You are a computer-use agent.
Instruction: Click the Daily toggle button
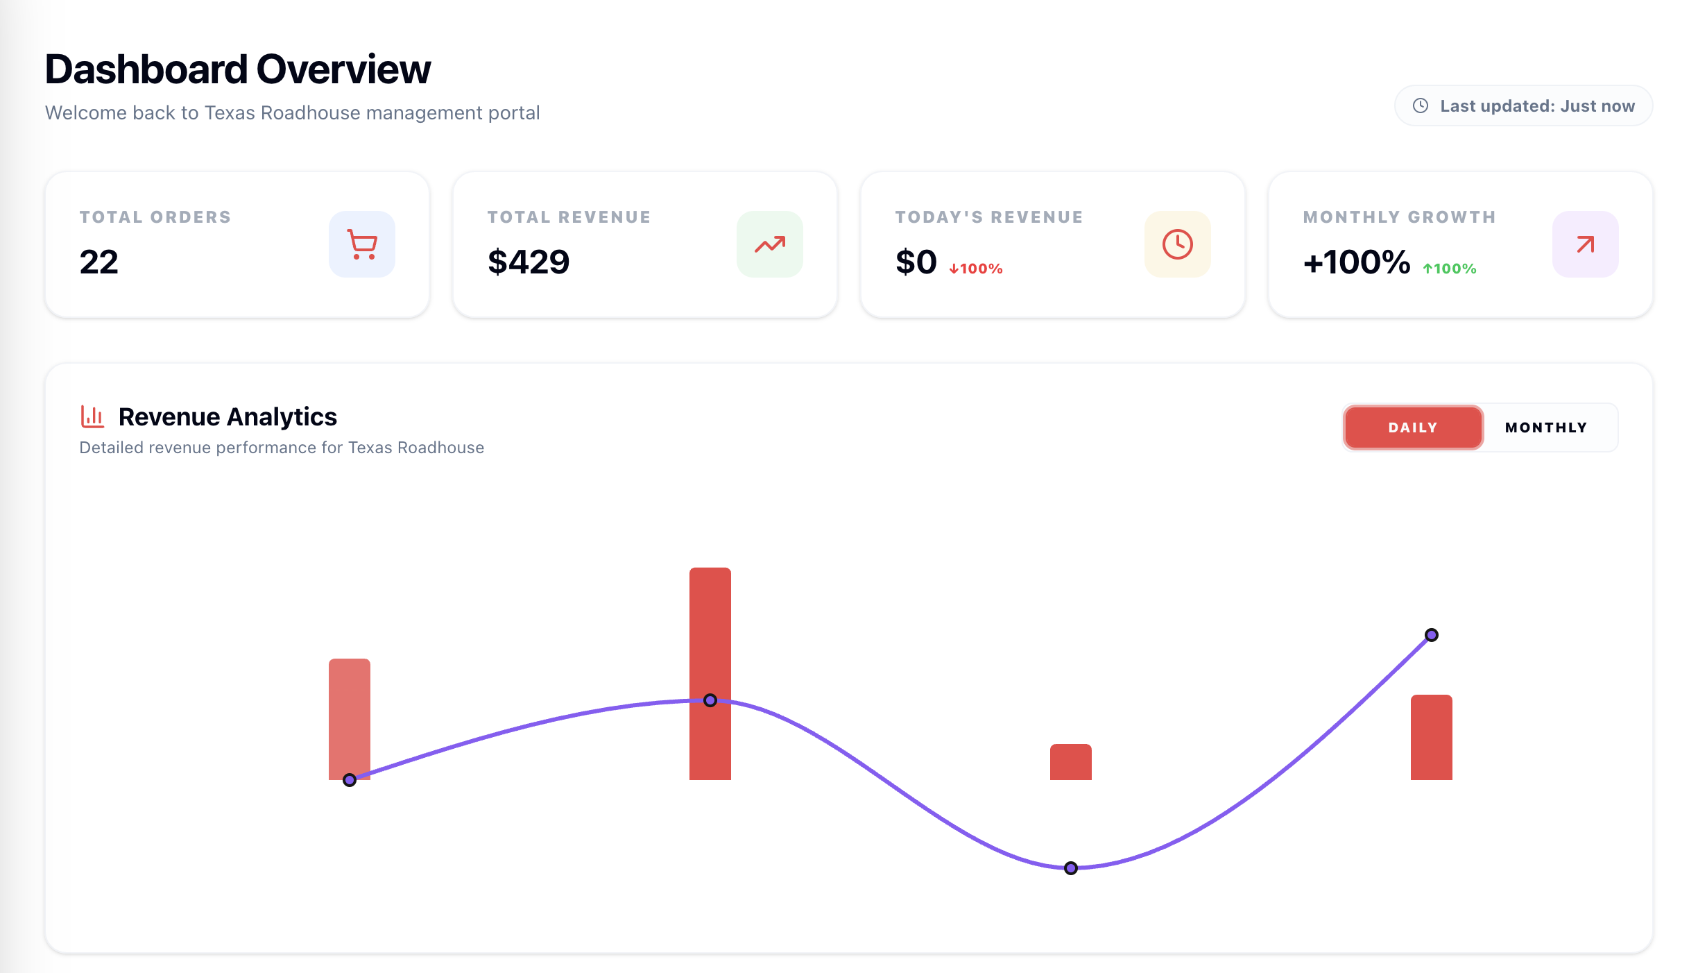click(1413, 428)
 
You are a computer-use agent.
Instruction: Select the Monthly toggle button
click(1546, 428)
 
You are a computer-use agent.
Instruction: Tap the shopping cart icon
click(362, 244)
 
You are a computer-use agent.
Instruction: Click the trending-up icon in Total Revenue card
click(770, 244)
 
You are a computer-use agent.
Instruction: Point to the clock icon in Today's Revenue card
click(1178, 244)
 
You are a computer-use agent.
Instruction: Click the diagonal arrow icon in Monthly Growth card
click(1586, 244)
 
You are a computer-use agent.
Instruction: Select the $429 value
click(529, 262)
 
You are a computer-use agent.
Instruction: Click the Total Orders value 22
click(99, 262)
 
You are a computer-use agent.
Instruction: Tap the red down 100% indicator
click(976, 269)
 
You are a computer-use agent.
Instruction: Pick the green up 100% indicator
click(1450, 269)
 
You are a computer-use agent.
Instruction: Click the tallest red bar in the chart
click(710, 625)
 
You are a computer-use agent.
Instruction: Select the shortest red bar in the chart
click(1071, 762)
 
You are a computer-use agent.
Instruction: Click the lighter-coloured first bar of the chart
click(350, 708)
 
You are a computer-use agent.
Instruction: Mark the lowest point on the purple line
click(1071, 868)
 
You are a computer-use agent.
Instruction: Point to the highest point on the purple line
click(1432, 635)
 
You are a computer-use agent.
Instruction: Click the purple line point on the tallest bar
click(710, 700)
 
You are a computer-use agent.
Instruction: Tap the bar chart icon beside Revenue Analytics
click(92, 416)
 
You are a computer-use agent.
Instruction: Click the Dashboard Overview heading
click(238, 69)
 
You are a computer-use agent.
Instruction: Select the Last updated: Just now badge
click(1524, 105)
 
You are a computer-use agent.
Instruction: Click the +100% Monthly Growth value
click(1357, 262)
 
